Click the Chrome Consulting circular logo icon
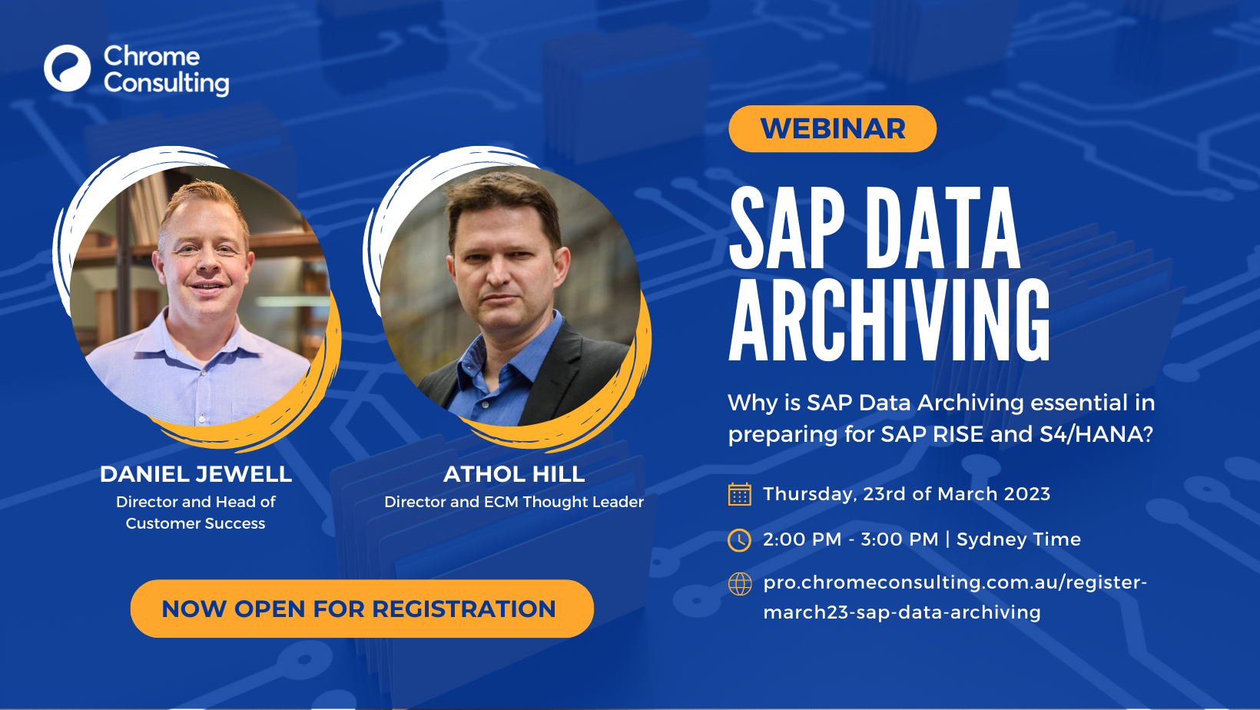click(x=67, y=68)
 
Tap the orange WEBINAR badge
click(x=832, y=128)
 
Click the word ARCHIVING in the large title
click(x=889, y=320)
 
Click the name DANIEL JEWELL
click(x=196, y=474)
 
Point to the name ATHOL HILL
click(x=514, y=474)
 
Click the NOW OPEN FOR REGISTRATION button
click(x=362, y=609)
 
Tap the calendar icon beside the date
click(x=739, y=494)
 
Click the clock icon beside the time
click(x=739, y=540)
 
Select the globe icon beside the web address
click(x=740, y=584)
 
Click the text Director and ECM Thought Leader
click(x=514, y=502)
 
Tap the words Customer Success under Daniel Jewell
click(x=195, y=523)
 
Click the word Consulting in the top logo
click(x=167, y=83)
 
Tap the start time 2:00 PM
click(x=802, y=539)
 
